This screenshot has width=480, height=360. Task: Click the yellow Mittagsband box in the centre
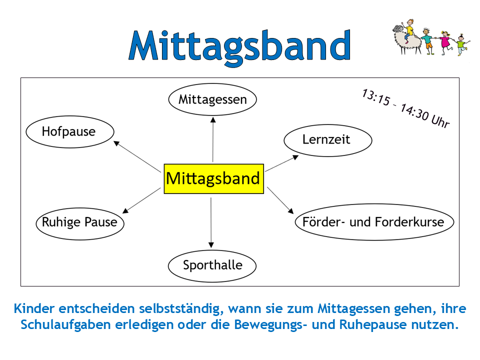[213, 179]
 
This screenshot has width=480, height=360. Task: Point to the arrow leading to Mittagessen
[213, 139]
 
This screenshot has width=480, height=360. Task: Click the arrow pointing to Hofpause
[137, 156]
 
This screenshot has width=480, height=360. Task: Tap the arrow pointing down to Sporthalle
[211, 223]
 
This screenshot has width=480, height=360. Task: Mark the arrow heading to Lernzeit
[281, 163]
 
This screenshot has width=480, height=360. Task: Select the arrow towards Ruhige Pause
[141, 200]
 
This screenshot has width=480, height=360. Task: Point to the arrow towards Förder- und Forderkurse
[280, 200]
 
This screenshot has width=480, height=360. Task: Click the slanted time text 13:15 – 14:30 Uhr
[406, 108]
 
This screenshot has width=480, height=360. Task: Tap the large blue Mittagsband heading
[239, 46]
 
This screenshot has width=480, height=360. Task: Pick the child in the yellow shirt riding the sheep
[409, 30]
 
